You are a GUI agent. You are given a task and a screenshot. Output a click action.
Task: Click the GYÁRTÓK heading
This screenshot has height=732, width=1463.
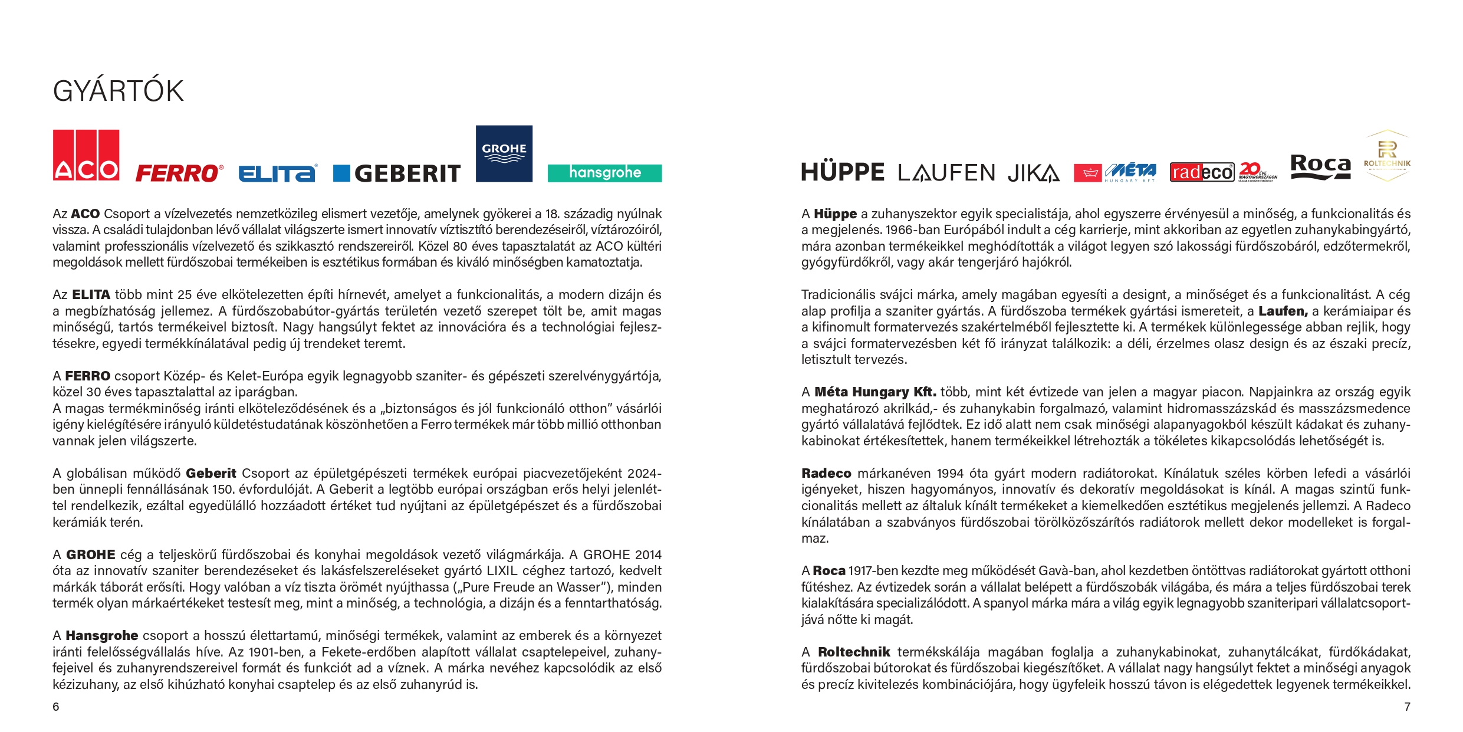(118, 91)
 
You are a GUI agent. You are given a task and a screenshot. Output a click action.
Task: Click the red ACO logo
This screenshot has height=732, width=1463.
(86, 155)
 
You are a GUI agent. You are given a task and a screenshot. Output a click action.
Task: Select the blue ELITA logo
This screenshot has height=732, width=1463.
(278, 173)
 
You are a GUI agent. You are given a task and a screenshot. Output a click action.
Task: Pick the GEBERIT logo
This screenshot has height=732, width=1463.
(397, 173)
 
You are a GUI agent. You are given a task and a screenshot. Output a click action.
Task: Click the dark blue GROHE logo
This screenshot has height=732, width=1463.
(504, 153)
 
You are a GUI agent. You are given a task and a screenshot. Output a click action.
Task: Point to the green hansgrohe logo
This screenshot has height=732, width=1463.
(604, 173)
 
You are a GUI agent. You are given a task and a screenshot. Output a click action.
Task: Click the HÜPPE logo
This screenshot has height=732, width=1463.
(843, 172)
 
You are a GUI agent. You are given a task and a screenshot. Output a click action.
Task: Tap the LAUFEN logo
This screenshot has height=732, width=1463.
(946, 173)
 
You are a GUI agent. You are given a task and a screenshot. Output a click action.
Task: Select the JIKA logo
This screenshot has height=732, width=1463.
(1033, 173)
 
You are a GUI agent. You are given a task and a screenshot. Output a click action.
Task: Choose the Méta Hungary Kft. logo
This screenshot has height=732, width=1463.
(1115, 172)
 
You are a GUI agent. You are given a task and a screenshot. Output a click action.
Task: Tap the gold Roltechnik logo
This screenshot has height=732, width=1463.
(1387, 156)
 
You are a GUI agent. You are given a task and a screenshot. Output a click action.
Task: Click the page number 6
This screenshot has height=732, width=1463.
(56, 707)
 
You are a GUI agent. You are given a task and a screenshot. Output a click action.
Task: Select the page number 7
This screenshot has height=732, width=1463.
(1407, 707)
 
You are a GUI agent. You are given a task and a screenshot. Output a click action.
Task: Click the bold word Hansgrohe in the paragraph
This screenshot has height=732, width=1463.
(101, 636)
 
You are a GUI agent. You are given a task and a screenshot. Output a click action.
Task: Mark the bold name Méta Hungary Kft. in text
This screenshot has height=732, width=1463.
(875, 392)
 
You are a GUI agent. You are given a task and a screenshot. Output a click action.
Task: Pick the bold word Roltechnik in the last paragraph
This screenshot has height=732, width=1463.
(854, 652)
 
